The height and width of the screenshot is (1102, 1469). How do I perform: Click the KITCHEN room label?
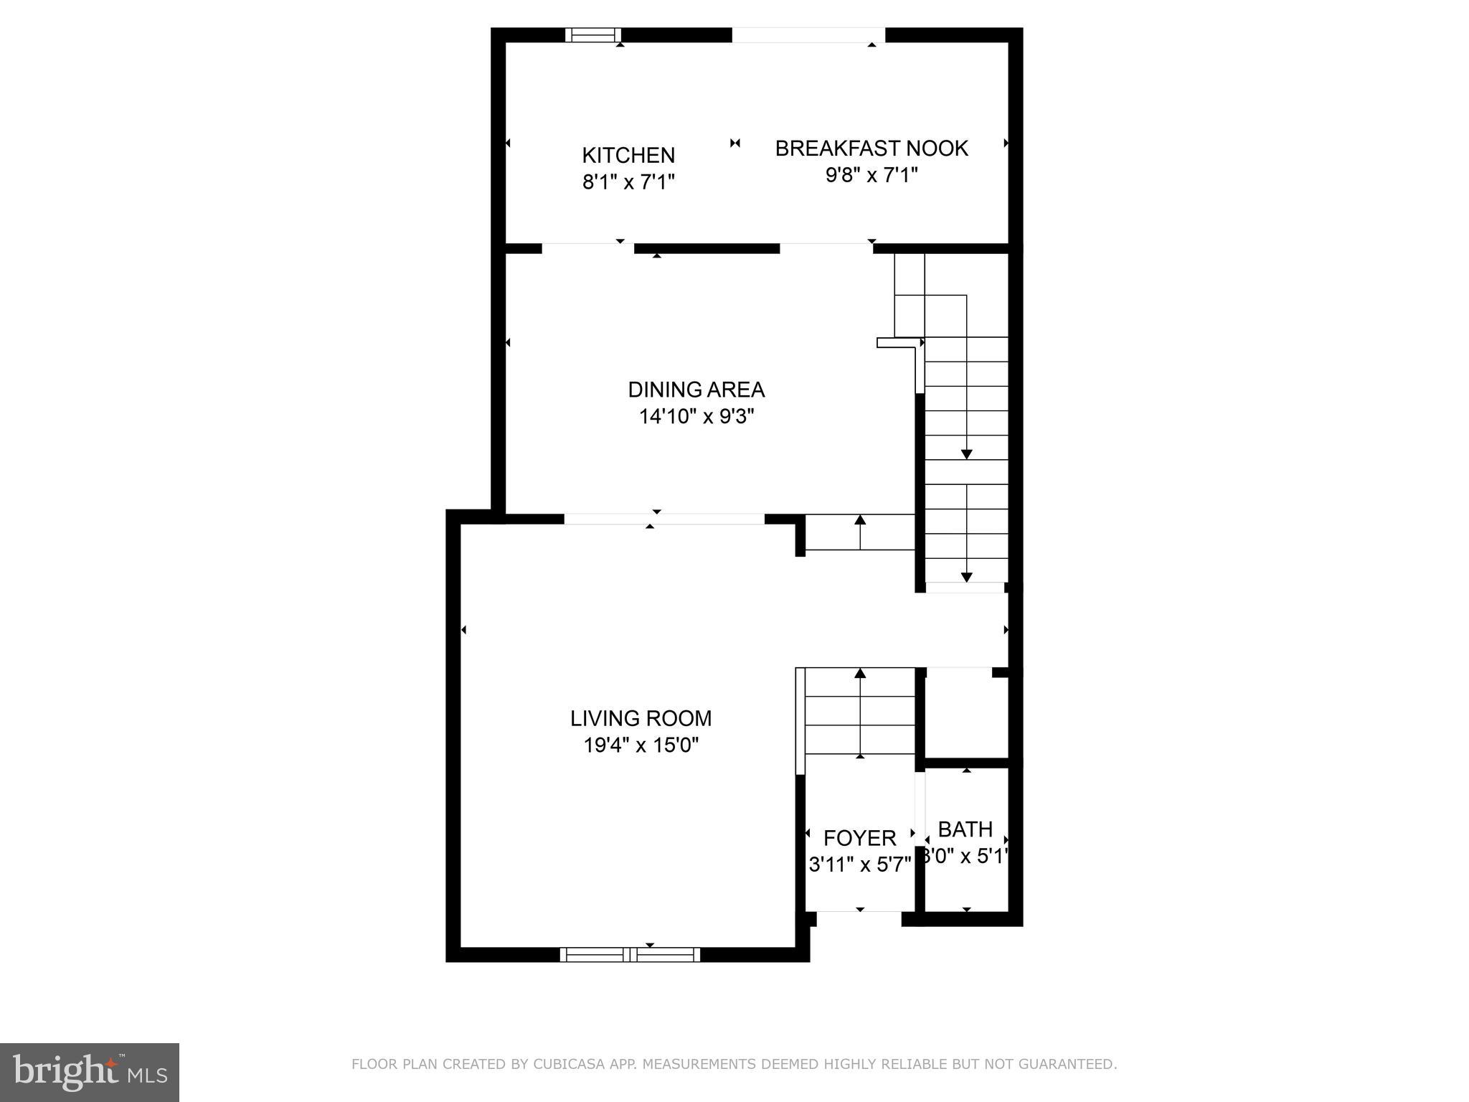(628, 155)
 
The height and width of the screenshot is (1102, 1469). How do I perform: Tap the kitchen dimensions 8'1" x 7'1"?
(628, 182)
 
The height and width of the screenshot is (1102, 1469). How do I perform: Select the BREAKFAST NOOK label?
(872, 149)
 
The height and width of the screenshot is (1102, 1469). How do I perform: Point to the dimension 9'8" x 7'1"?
(872, 175)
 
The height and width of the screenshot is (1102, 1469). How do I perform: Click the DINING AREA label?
(696, 390)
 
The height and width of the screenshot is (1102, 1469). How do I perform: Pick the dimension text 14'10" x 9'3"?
(696, 417)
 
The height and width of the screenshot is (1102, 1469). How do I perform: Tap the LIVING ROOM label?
(641, 718)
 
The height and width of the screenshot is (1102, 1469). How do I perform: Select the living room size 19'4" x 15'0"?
(641, 745)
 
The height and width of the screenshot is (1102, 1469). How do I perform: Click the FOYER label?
(859, 838)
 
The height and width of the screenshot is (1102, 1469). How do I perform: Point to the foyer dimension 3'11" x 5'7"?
(859, 865)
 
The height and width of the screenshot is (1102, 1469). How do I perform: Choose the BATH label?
(965, 829)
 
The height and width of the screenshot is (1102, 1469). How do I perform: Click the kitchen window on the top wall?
(593, 35)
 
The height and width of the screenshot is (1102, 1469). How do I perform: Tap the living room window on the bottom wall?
(630, 954)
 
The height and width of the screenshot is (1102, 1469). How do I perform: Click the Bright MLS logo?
(90, 1072)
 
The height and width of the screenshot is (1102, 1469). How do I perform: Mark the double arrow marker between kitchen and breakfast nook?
(734, 143)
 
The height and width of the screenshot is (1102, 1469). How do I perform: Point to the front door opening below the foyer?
(859, 912)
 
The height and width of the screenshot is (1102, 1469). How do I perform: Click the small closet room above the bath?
(965, 714)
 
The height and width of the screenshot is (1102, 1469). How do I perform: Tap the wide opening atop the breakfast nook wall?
(808, 35)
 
